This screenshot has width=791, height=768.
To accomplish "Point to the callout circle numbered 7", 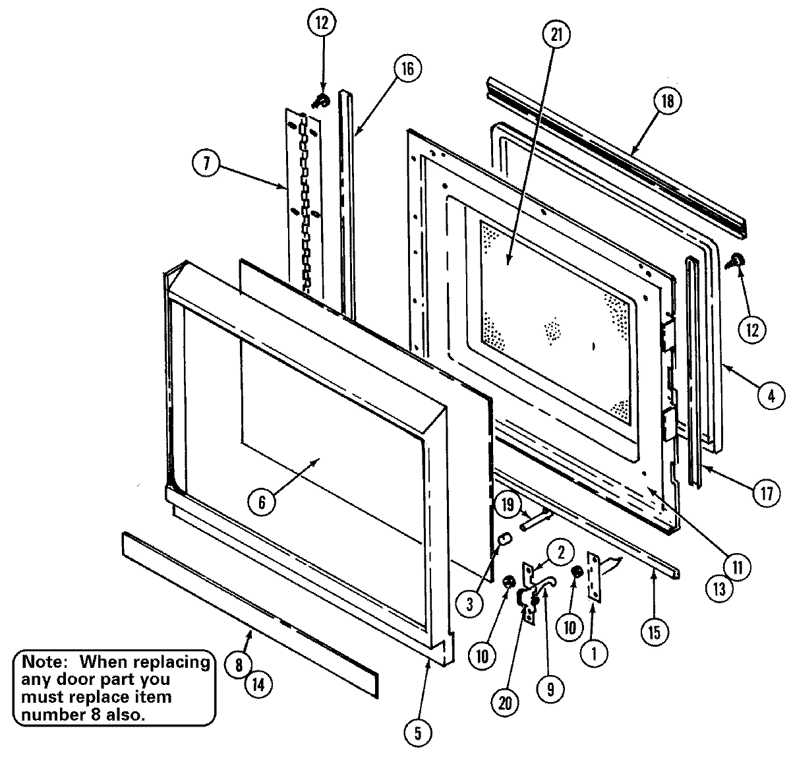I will [x=207, y=163].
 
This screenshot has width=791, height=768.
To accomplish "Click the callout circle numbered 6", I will [x=262, y=502].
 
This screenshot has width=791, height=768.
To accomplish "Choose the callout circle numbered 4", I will [x=771, y=396].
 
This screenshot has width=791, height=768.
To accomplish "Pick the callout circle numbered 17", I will [x=766, y=494].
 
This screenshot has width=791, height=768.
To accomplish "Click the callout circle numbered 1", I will [x=595, y=653].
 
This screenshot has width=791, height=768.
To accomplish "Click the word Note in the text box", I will [x=42, y=661].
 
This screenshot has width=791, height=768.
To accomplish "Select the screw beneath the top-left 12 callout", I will [x=322, y=100].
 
